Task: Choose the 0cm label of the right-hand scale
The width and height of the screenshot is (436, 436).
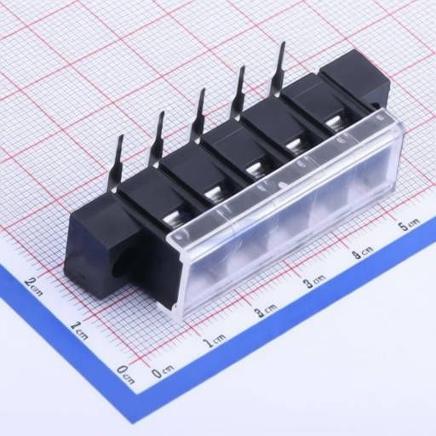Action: (162, 371)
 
